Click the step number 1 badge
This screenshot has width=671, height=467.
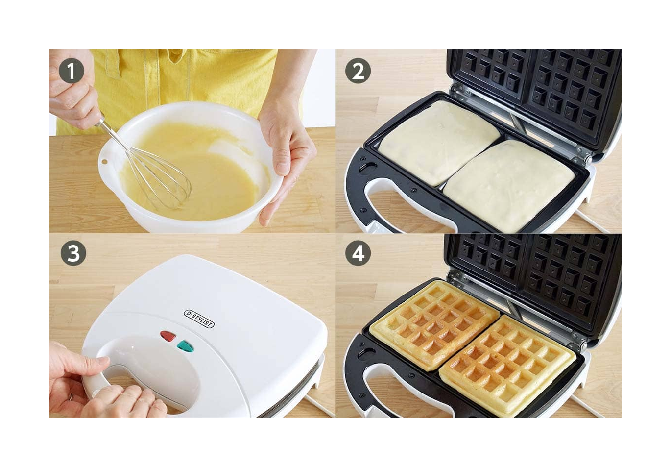72,71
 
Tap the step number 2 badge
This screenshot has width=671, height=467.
358,71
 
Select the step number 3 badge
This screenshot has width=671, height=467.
73,253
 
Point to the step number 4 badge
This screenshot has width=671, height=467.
358,253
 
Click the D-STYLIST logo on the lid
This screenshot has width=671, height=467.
199,319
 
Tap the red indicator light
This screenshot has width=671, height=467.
168,336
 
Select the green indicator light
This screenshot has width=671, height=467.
186,346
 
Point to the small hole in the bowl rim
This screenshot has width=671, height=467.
104,162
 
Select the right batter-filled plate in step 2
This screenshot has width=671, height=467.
509,186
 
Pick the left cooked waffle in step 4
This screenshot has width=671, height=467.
434,325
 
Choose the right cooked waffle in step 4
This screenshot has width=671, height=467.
508,366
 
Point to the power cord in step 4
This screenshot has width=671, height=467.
587,406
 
